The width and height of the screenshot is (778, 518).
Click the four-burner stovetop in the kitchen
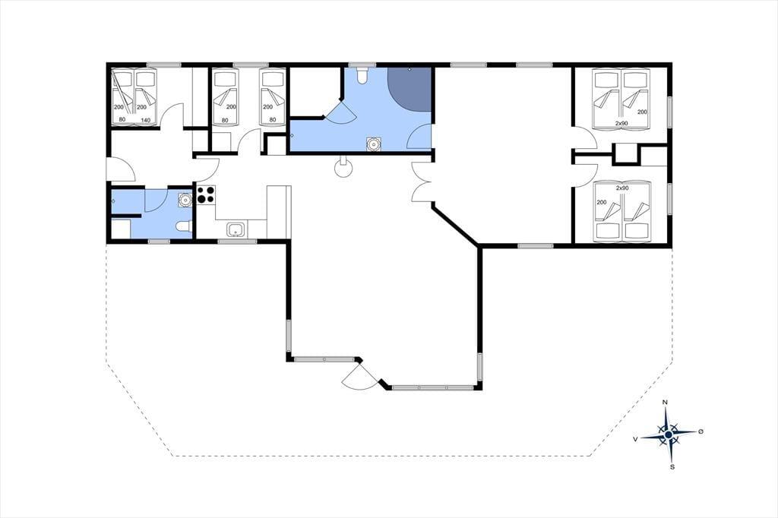(207, 194)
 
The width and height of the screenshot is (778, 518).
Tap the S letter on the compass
(673, 466)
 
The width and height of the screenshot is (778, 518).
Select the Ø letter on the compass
(701, 431)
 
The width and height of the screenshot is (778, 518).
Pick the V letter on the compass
(635, 439)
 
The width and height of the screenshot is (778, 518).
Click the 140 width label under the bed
(145, 119)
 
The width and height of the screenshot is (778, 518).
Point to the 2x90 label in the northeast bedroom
(621, 122)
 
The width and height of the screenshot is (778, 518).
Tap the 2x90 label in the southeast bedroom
(622, 188)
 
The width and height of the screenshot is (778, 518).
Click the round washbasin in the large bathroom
(373, 144)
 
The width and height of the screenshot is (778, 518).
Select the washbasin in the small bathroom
(185, 200)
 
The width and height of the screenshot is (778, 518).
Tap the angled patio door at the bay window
(359, 377)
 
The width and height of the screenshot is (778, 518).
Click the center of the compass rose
(669, 434)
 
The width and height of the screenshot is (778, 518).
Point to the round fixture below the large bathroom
(343, 167)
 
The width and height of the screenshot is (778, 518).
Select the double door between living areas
(422, 182)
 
